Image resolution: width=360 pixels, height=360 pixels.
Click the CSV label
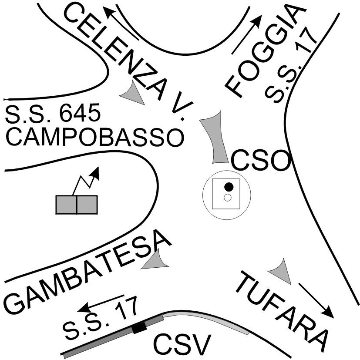click(x=182, y=345)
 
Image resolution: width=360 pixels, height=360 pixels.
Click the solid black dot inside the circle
click(x=228, y=187)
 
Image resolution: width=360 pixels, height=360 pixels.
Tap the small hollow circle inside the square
click(x=227, y=198)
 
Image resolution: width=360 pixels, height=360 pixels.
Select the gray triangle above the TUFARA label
click(x=280, y=271)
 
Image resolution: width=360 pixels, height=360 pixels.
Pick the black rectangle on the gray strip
click(x=139, y=328)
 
